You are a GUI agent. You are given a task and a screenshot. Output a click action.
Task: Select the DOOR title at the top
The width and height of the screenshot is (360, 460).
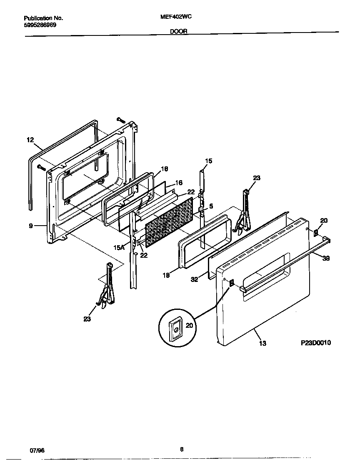click(x=178, y=31)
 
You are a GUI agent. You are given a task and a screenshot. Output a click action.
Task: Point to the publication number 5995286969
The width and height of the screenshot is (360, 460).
click(x=40, y=25)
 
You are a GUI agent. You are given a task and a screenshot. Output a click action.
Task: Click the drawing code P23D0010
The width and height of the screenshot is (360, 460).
click(x=315, y=343)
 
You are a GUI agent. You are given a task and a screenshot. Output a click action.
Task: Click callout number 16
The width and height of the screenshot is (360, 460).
click(x=178, y=183)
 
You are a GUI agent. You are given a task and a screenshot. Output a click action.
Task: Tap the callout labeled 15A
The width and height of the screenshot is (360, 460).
click(x=119, y=247)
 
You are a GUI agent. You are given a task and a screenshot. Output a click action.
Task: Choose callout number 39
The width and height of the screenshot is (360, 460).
click(x=326, y=258)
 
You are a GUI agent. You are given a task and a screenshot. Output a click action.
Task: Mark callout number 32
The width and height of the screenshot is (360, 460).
click(x=194, y=280)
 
